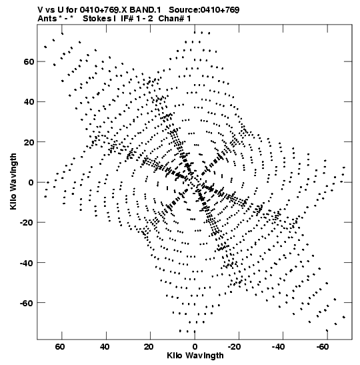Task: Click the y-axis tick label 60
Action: (29, 61)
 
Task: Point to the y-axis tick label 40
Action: (29, 101)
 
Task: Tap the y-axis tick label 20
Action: (29, 142)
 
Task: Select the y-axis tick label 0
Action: (31, 182)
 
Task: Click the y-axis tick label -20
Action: (27, 223)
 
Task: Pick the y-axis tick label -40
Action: (27, 263)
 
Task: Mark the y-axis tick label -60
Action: (27, 303)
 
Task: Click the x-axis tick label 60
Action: (60, 347)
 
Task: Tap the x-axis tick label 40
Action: (105, 347)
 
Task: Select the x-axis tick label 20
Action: (149, 347)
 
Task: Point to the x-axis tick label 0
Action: (195, 347)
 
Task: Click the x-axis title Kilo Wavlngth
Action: (195, 356)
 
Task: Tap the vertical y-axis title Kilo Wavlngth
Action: (13, 181)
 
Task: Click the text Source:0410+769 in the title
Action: (204, 10)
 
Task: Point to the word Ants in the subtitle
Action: (47, 19)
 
